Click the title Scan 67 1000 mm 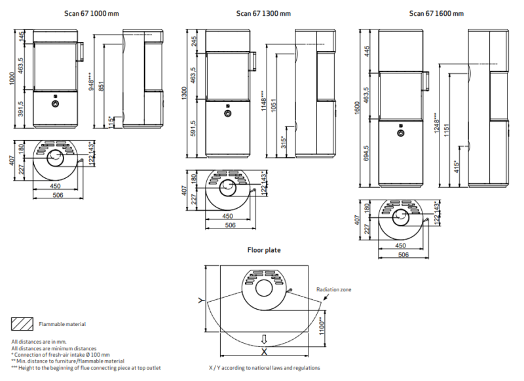pos(92,14)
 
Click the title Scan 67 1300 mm pos(263,14)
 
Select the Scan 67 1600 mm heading pos(436,14)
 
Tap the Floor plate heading pos(264,250)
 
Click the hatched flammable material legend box pos(22,323)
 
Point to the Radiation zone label pos(334,289)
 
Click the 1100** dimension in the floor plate pos(322,326)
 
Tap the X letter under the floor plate pos(264,352)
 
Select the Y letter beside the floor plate pos(201,300)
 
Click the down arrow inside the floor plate pos(264,340)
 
